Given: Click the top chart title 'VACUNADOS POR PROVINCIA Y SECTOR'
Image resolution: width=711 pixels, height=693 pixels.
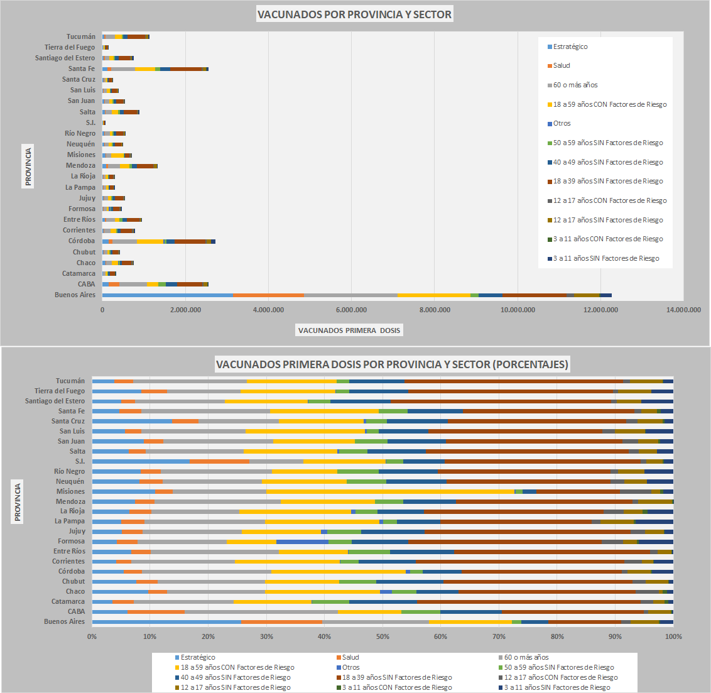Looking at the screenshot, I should (x=354, y=14).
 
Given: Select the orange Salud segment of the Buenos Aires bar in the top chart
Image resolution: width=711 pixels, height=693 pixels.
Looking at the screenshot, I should (x=268, y=295).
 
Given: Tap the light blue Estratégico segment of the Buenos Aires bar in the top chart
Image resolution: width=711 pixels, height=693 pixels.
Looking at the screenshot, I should (x=167, y=295).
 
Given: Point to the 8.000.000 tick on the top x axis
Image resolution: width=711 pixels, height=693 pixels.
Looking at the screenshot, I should (x=435, y=310).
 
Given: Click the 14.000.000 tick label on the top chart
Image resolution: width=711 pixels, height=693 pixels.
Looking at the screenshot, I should (x=683, y=310).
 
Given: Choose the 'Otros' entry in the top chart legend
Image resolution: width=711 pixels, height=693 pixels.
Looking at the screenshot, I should (x=562, y=123).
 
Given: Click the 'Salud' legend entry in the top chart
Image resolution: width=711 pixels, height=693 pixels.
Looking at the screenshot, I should (x=562, y=65).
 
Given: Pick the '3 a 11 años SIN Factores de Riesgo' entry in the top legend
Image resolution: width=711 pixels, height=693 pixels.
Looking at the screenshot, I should (x=606, y=258).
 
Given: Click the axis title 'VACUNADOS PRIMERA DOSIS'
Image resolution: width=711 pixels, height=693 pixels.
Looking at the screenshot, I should (x=349, y=330).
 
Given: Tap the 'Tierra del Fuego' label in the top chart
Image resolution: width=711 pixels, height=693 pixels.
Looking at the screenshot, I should (x=70, y=47).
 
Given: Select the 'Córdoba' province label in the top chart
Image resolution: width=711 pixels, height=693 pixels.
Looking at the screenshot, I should (x=82, y=241).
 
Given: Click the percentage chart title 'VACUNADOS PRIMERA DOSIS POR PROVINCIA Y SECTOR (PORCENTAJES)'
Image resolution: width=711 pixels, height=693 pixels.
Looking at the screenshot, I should (x=392, y=364).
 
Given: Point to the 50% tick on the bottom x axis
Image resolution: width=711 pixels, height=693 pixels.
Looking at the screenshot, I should (x=383, y=636).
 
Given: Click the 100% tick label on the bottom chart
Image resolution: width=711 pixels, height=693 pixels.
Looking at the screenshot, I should (x=673, y=636).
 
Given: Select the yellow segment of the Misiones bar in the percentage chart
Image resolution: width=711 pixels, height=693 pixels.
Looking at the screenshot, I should (x=389, y=491).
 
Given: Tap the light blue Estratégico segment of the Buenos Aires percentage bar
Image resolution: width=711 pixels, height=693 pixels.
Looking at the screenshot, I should (x=166, y=621).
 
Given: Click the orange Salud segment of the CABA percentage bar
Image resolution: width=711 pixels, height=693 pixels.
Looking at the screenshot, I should (x=156, y=611).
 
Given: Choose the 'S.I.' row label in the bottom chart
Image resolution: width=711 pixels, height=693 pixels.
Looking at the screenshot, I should (x=80, y=461).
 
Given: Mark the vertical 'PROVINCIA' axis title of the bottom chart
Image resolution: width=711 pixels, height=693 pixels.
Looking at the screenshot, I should (x=18, y=501).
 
